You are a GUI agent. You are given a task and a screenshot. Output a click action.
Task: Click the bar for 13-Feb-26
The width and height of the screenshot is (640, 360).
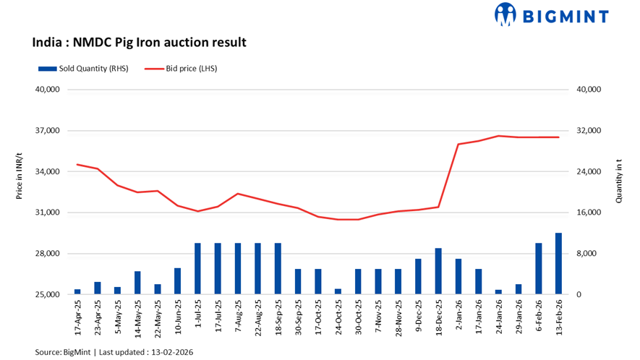(558, 264)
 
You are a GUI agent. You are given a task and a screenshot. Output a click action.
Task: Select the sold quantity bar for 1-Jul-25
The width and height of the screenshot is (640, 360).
(197, 269)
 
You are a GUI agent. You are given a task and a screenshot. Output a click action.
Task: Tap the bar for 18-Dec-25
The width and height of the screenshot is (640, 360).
(438, 272)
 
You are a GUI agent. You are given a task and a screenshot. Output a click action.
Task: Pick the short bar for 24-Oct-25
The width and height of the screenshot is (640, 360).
(338, 291)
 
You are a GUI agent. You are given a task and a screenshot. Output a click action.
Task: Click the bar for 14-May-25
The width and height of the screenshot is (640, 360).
(137, 283)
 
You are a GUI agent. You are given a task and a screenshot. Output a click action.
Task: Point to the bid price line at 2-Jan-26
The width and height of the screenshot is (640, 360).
(458, 145)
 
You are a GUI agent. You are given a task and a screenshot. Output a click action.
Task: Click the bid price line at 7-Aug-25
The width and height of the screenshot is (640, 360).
(238, 194)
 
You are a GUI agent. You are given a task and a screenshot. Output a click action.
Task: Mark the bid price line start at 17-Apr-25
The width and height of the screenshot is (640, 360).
(77, 165)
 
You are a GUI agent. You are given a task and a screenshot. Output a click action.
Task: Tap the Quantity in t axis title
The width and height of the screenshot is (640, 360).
(620, 184)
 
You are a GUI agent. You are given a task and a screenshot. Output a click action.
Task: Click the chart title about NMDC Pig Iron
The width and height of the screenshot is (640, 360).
(140, 43)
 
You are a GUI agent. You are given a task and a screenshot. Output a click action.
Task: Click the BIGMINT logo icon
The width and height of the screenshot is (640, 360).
(505, 14)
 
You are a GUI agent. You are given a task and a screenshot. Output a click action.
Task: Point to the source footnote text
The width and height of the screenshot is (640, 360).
(114, 352)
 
